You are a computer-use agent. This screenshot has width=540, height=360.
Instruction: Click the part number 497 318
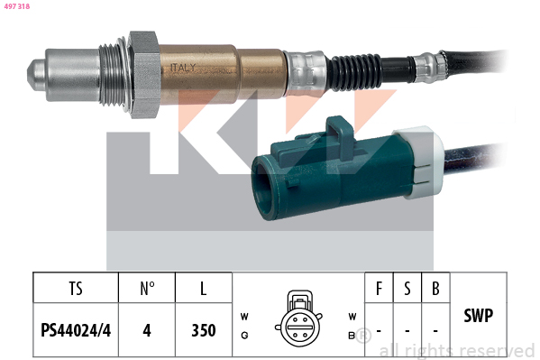[x=17, y=6]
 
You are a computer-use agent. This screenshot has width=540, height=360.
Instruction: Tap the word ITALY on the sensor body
[x=183, y=68]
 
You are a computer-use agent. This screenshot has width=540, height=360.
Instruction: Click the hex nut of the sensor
[x=144, y=75]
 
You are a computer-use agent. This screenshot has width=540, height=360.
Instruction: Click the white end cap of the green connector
[x=421, y=162]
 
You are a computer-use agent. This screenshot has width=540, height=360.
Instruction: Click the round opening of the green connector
[x=264, y=188]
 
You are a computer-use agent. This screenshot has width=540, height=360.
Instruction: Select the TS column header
[x=76, y=289]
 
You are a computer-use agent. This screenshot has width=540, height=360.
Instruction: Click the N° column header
[x=147, y=289]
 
